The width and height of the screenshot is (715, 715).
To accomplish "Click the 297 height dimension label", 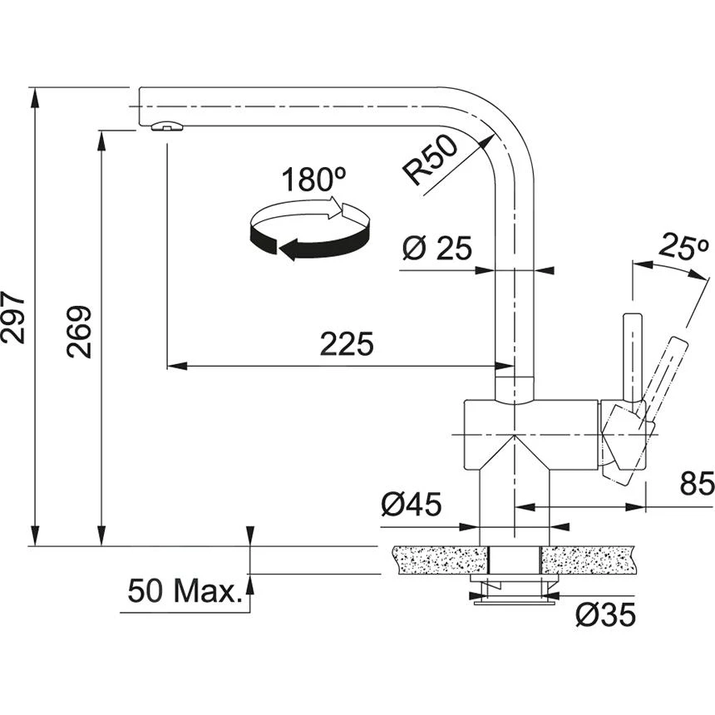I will pyautogui.click(x=14, y=317).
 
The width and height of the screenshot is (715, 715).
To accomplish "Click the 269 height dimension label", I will pyautogui.click(x=81, y=332).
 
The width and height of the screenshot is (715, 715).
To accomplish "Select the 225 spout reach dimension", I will pyautogui.click(x=346, y=344).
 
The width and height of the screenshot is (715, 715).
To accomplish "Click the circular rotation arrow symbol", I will pyautogui.click(x=309, y=230).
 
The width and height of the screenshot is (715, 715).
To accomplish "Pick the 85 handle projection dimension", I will pyautogui.click(x=697, y=485).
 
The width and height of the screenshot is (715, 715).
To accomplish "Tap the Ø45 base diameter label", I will pyautogui.click(x=411, y=505).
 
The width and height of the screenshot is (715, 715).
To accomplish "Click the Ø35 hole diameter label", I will pyautogui.click(x=604, y=615).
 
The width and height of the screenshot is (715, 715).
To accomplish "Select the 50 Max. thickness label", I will pyautogui.click(x=183, y=592).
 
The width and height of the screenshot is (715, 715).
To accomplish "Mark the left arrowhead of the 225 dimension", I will pyautogui.click(x=173, y=365).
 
